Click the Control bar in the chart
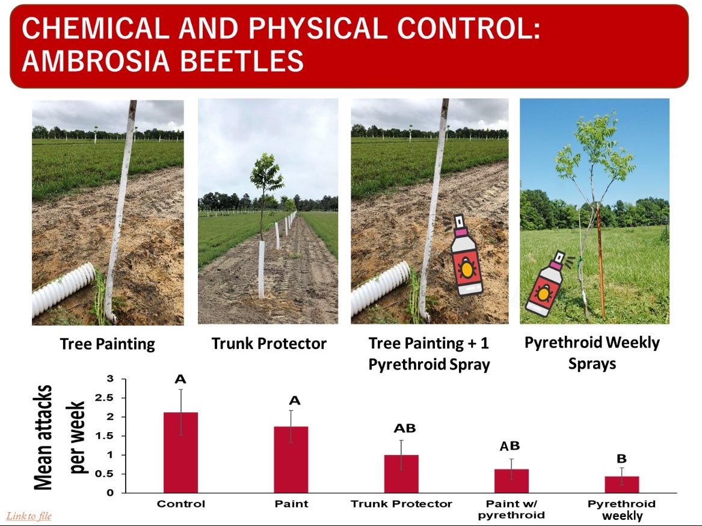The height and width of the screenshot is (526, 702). [x=180, y=453]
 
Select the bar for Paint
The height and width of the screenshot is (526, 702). [x=291, y=460]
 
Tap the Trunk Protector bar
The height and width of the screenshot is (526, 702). [x=401, y=474]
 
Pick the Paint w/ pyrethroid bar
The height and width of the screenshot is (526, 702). [x=511, y=481]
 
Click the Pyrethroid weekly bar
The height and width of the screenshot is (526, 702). [x=622, y=485]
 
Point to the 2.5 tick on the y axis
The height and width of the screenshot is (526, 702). [x=104, y=398]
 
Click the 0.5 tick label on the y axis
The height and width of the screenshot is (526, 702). [x=104, y=474]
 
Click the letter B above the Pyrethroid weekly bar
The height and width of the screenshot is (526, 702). [x=621, y=459]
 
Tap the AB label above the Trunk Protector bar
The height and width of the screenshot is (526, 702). [x=405, y=429]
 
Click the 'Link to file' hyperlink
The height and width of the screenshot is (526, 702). [x=29, y=516]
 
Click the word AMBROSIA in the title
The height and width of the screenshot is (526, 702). [x=96, y=61]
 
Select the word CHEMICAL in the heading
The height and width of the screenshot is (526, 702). [x=96, y=28]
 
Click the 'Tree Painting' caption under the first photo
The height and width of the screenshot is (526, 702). [x=108, y=344]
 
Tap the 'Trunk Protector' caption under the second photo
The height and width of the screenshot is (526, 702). [x=269, y=344]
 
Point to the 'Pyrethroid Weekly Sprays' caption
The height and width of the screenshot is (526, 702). [x=592, y=353]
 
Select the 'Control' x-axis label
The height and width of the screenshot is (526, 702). [x=181, y=504]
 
